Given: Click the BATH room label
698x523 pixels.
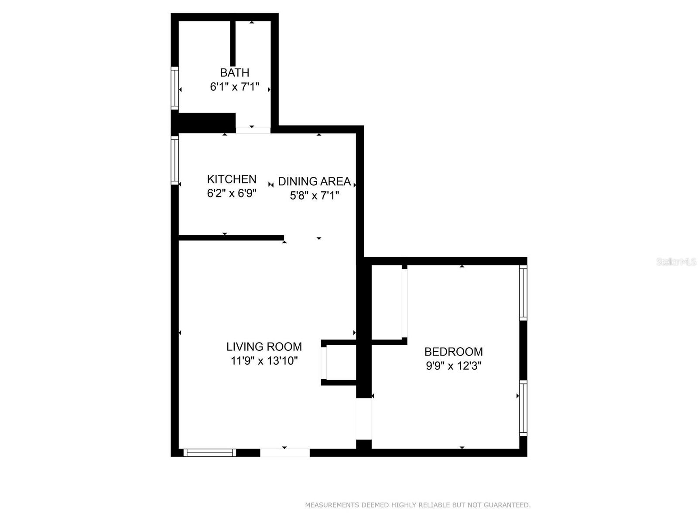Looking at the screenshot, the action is [x=234, y=73].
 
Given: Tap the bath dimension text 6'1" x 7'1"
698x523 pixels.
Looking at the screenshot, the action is [x=234, y=87].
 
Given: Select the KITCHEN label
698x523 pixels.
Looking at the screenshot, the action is [x=232, y=179].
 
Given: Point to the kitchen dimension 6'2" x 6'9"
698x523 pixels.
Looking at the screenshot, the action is [x=232, y=193].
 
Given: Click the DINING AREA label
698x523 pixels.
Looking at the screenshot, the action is [x=314, y=181].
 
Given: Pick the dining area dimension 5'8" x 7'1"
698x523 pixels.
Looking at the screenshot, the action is [x=314, y=195].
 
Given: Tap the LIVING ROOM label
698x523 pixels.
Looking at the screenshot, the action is [x=264, y=346].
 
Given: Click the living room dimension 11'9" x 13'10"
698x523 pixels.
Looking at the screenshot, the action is [x=264, y=361].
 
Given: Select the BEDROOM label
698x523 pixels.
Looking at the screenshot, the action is [x=453, y=352].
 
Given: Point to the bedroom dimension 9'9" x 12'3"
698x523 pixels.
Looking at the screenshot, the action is [x=453, y=366].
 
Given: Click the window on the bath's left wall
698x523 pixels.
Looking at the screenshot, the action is [x=174, y=88].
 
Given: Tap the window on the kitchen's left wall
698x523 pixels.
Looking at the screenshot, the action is [x=174, y=160].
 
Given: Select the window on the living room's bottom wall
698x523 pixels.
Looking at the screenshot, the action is [x=210, y=452].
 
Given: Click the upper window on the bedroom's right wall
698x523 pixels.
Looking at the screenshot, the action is [x=523, y=293].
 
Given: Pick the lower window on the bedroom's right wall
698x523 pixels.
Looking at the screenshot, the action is [x=523, y=408].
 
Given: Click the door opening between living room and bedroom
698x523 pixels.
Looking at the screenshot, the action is [x=364, y=419].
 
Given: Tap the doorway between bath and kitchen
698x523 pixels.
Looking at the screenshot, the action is [x=253, y=130].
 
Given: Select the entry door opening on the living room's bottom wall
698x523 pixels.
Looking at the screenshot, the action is [x=285, y=452].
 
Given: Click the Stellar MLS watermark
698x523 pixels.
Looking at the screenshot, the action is [x=676, y=262].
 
